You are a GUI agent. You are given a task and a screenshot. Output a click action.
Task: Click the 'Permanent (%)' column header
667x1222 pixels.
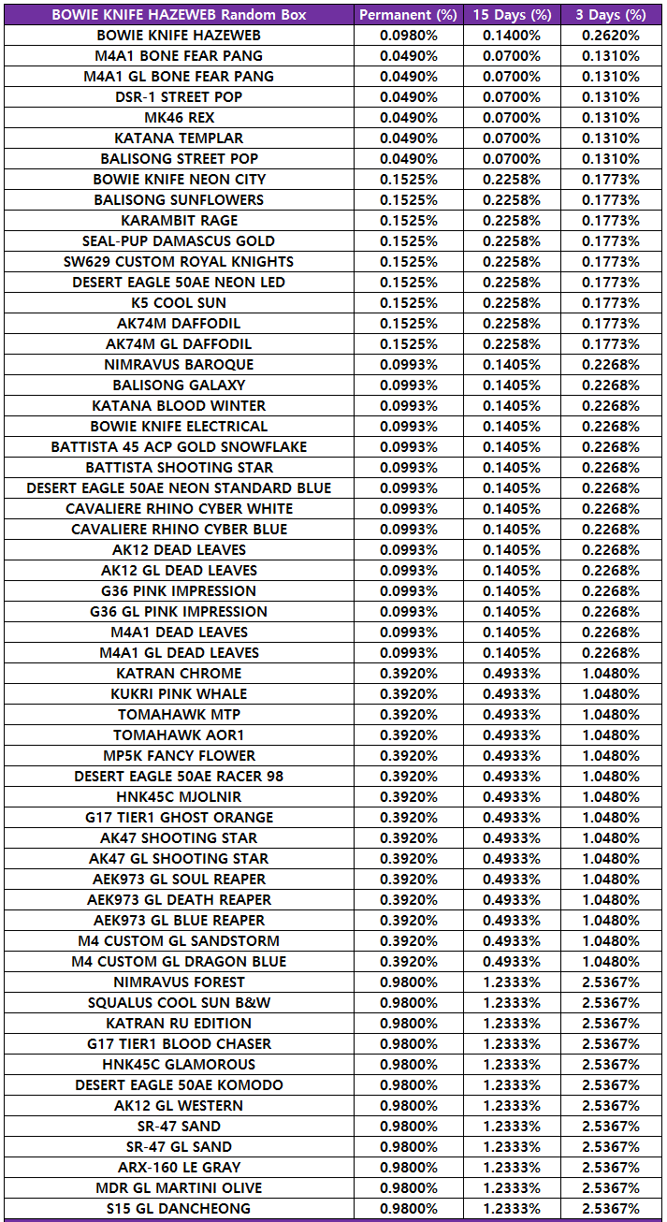[x=408, y=15]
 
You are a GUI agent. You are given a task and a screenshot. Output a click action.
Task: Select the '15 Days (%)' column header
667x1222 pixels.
[x=512, y=15]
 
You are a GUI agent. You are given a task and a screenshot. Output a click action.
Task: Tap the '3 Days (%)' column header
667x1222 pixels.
[x=611, y=15]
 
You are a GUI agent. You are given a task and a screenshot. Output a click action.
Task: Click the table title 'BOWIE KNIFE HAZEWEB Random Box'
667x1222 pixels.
[x=179, y=15]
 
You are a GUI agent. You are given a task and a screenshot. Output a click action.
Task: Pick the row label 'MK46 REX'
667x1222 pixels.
[x=179, y=118]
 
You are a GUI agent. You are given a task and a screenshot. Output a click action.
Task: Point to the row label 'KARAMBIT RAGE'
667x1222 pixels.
[x=179, y=221]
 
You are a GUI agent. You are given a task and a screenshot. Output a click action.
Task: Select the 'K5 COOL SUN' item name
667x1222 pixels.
[x=179, y=303]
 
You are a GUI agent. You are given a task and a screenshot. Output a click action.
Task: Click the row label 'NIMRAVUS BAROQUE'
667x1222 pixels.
[x=179, y=365]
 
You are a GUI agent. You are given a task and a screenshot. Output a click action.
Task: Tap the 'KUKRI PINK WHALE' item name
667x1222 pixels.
[x=179, y=694]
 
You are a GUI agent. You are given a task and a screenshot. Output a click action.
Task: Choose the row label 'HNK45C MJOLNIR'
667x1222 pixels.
[x=179, y=797]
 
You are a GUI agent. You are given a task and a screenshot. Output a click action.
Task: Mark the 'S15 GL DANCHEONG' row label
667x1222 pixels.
[x=179, y=1209]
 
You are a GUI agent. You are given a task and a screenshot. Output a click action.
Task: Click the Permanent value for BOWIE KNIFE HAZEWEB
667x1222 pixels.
[x=408, y=36]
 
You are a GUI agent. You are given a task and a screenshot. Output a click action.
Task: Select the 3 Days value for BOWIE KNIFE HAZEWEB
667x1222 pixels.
[x=611, y=36]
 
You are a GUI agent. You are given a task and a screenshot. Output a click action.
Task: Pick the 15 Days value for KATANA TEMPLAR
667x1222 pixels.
[x=512, y=138]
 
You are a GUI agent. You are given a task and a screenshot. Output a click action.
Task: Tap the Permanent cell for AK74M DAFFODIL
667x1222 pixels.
[x=408, y=324]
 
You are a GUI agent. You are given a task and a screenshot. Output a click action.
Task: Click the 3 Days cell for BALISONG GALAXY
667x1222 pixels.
[x=611, y=386]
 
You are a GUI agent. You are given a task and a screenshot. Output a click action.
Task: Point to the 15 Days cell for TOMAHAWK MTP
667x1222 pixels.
[x=512, y=715]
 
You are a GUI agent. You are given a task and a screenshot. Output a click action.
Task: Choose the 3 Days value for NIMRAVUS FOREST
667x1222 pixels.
[x=611, y=982]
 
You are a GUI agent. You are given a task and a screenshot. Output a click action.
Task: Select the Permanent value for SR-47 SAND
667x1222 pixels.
[x=408, y=1127]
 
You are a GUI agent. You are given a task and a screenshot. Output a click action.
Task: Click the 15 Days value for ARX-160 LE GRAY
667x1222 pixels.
[x=512, y=1168]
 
